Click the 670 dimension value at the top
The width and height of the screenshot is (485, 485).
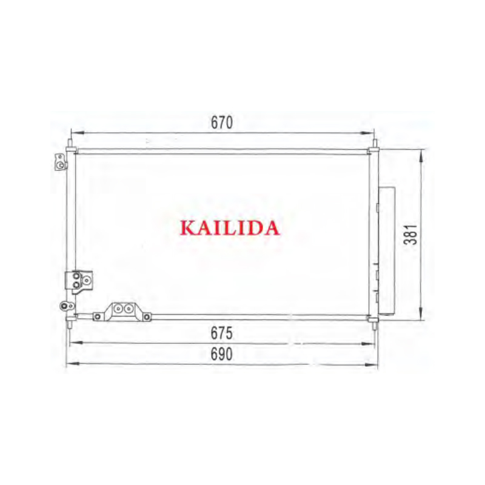[222, 122]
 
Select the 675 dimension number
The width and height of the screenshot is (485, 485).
[221, 333]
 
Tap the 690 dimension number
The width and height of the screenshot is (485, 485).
[221, 354]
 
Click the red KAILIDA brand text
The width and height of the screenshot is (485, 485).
[230, 228]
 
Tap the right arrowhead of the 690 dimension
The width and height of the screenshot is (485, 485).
[371, 364]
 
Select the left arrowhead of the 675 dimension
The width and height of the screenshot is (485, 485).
[76, 343]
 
